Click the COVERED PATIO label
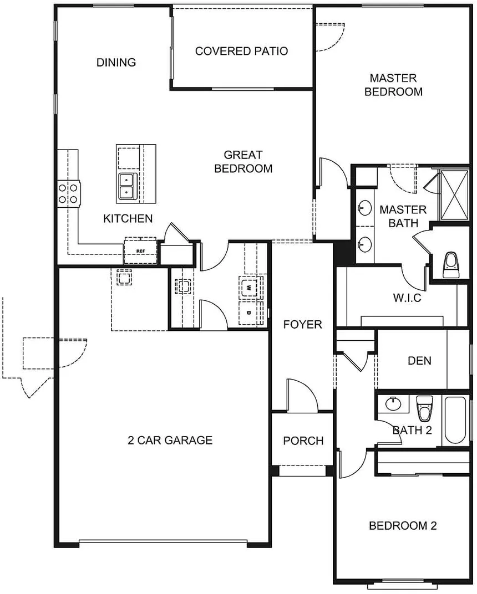[241, 51]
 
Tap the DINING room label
[116, 63]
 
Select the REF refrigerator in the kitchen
[140, 251]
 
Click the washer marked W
[249, 288]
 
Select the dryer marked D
[249, 313]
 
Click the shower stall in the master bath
[455, 195]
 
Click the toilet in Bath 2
[424, 408]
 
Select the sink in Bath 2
[393, 404]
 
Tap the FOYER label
[303, 325]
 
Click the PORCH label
[303, 441]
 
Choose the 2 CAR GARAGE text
[170, 440]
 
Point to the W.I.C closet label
[407, 298]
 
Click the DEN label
[419, 361]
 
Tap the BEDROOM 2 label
[403, 526]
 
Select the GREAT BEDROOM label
[243, 162]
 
